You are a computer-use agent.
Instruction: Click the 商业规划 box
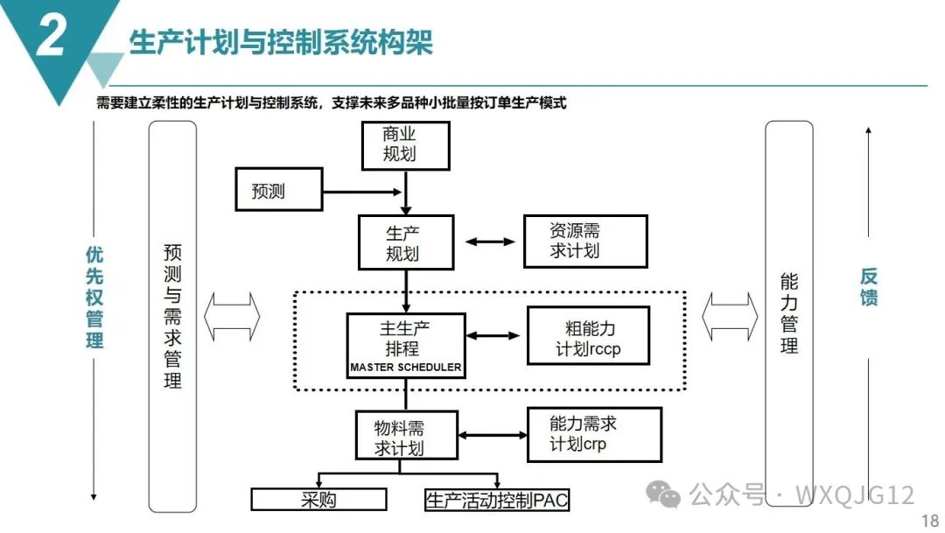click(405, 145)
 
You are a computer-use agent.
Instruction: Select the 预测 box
click(279, 191)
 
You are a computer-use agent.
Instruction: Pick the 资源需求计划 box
click(585, 242)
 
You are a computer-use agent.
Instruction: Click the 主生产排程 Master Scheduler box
click(405, 345)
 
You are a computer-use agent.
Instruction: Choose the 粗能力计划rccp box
click(588, 335)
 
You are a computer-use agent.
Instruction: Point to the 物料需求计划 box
click(406, 436)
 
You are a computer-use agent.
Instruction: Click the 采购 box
click(318, 500)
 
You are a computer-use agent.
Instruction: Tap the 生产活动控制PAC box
click(497, 500)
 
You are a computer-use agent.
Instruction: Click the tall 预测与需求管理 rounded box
click(172, 316)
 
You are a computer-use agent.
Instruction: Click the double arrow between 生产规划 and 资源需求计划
click(490, 241)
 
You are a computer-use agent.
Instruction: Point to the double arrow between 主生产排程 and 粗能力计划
click(495, 334)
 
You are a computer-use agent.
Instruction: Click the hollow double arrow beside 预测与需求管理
click(232, 317)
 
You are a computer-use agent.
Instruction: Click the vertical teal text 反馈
click(868, 286)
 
